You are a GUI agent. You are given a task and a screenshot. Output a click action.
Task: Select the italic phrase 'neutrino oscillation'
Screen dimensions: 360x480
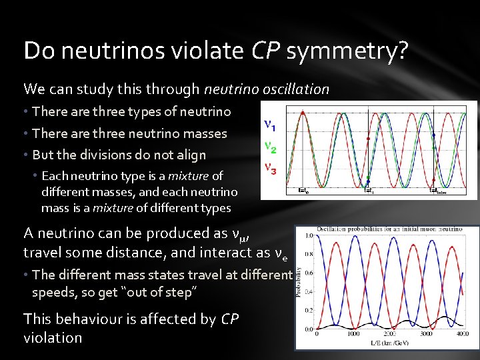267,89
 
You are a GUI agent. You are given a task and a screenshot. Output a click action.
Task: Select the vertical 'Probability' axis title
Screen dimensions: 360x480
299,282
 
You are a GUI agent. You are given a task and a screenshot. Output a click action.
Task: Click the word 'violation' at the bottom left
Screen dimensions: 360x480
53,337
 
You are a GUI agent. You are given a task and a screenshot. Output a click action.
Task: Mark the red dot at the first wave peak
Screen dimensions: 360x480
303,113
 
